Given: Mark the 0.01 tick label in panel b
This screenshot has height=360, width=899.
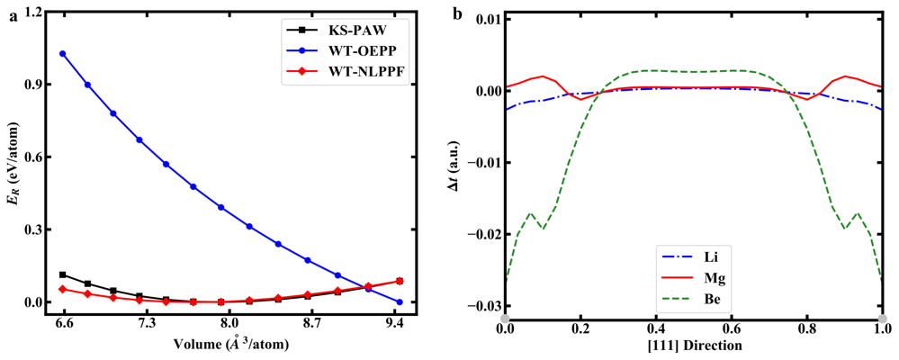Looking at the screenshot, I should (x=481, y=19).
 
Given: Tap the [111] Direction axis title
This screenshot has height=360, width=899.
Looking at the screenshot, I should (x=694, y=344).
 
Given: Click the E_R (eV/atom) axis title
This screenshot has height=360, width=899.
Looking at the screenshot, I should (x=11, y=158).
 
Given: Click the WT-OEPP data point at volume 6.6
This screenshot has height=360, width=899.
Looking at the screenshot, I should (x=63, y=54).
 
